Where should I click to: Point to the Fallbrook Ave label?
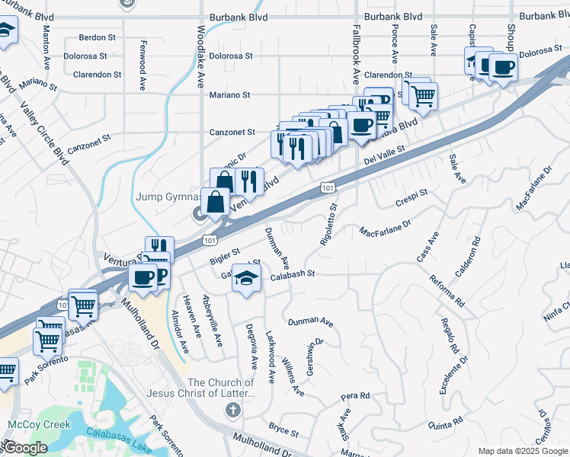356,53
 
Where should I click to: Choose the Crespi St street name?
412,198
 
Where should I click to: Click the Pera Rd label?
355,396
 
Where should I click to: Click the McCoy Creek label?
39,424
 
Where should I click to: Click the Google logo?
24,448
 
